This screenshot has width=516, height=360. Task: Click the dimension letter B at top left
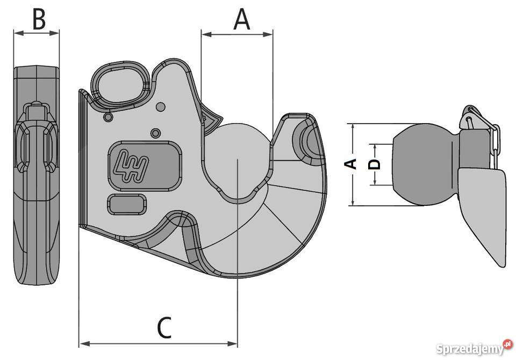(x=39, y=19)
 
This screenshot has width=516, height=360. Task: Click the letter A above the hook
(x=242, y=19)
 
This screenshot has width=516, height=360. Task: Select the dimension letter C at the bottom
(x=164, y=328)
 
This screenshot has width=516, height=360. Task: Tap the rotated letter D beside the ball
(x=374, y=164)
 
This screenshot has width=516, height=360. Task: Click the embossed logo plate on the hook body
(x=145, y=166)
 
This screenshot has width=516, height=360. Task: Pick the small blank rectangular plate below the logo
(x=127, y=204)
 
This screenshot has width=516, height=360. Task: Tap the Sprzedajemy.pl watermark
(x=474, y=348)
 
